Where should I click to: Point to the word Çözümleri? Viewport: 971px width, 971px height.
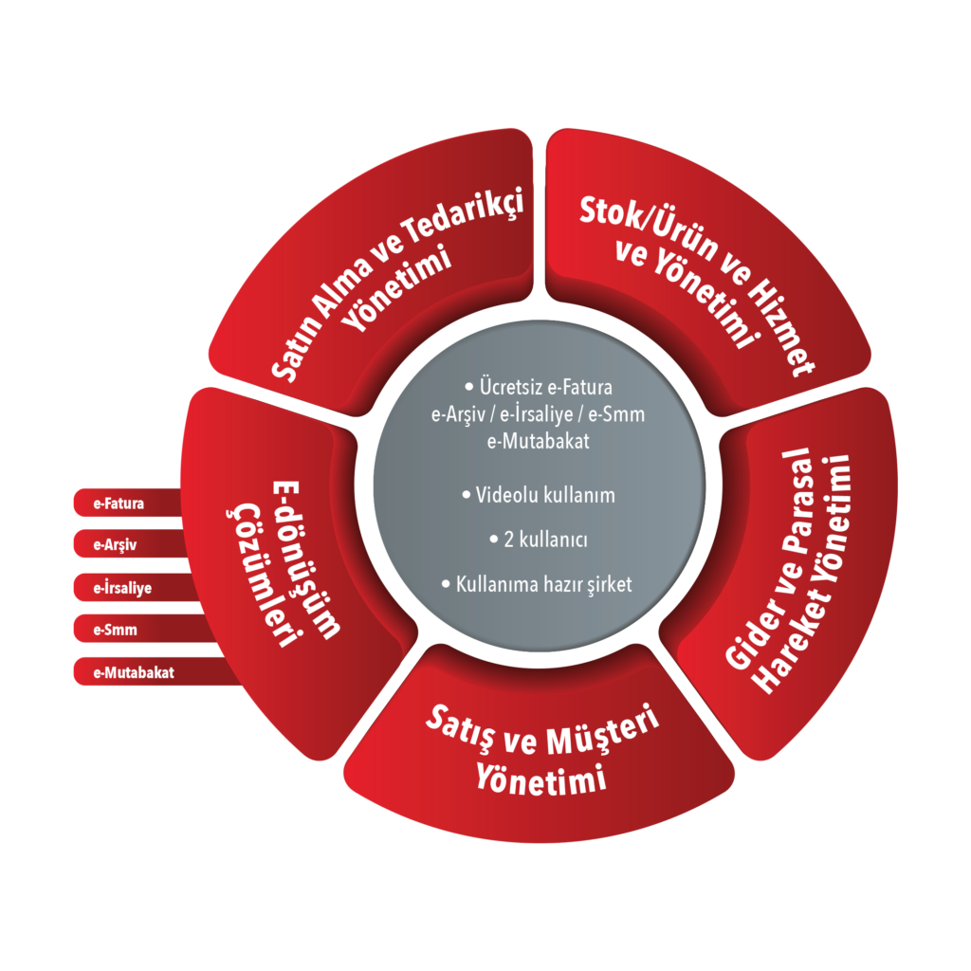[263, 574]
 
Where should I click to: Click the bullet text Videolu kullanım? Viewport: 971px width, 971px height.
[539, 495]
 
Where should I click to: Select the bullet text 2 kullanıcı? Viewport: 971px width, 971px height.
[539, 540]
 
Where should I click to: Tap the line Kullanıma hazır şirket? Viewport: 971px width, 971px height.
[538, 584]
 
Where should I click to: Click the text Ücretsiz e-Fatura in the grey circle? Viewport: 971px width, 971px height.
[539, 387]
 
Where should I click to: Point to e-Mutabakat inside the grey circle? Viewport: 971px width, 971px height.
[539, 441]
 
